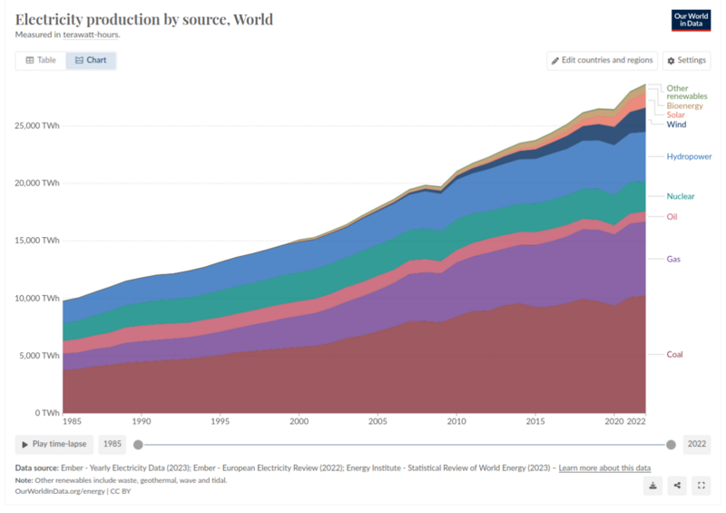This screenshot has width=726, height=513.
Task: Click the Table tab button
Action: coord(41,60)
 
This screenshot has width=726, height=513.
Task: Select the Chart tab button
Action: coord(91,60)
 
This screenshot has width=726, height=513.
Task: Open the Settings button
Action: coord(685,60)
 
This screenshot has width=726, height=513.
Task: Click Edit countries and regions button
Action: coord(602,60)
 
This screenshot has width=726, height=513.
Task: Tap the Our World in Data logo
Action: coord(690,21)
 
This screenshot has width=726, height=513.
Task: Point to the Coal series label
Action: coord(675,354)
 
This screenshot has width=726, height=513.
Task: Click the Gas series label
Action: coord(673,259)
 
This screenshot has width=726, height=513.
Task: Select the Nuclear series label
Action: coord(681,196)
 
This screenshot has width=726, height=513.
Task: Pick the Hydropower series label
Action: coord(689,156)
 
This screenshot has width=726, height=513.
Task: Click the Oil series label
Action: coord(672,216)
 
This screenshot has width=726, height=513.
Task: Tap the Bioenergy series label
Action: coord(685,105)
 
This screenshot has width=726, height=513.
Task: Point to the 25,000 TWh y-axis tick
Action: coord(37,125)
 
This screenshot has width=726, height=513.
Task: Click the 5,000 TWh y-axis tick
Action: coord(40,355)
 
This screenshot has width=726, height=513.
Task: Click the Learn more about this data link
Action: coord(604,468)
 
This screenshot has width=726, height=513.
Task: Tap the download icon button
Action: coord(652,486)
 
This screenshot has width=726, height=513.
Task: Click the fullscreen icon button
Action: coord(701,486)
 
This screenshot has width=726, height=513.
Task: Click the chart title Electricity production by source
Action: coord(143,19)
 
